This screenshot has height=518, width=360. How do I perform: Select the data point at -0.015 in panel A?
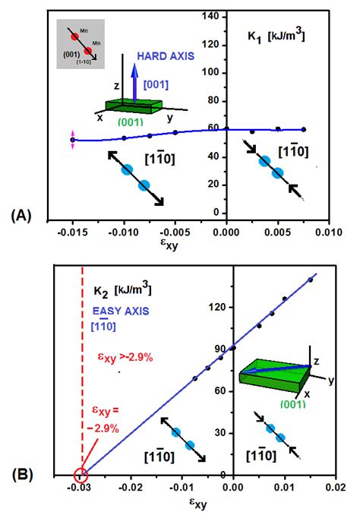click(72, 140)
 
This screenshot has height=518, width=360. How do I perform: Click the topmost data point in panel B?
click(310, 280)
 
